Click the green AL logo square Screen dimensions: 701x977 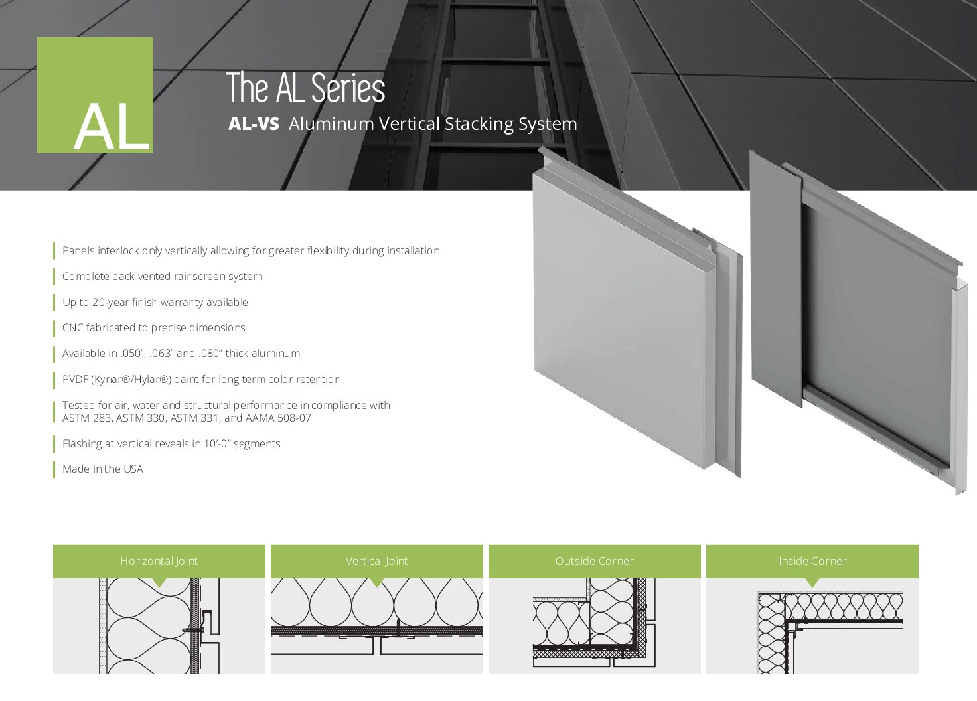(x=95, y=95)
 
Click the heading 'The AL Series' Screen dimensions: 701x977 (x=305, y=89)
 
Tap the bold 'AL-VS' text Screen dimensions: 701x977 (x=254, y=124)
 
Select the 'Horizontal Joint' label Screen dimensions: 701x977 (x=159, y=561)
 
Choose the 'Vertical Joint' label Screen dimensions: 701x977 (x=376, y=561)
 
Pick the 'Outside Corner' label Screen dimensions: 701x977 (x=594, y=561)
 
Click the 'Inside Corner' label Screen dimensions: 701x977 (x=812, y=561)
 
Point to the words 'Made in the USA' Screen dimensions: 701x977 (x=103, y=469)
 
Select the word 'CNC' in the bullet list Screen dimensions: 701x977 (x=72, y=328)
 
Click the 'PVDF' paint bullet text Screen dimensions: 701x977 (x=75, y=380)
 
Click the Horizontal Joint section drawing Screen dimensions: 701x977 (x=159, y=626)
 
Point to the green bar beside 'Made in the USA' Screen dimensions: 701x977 (x=54, y=469)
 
